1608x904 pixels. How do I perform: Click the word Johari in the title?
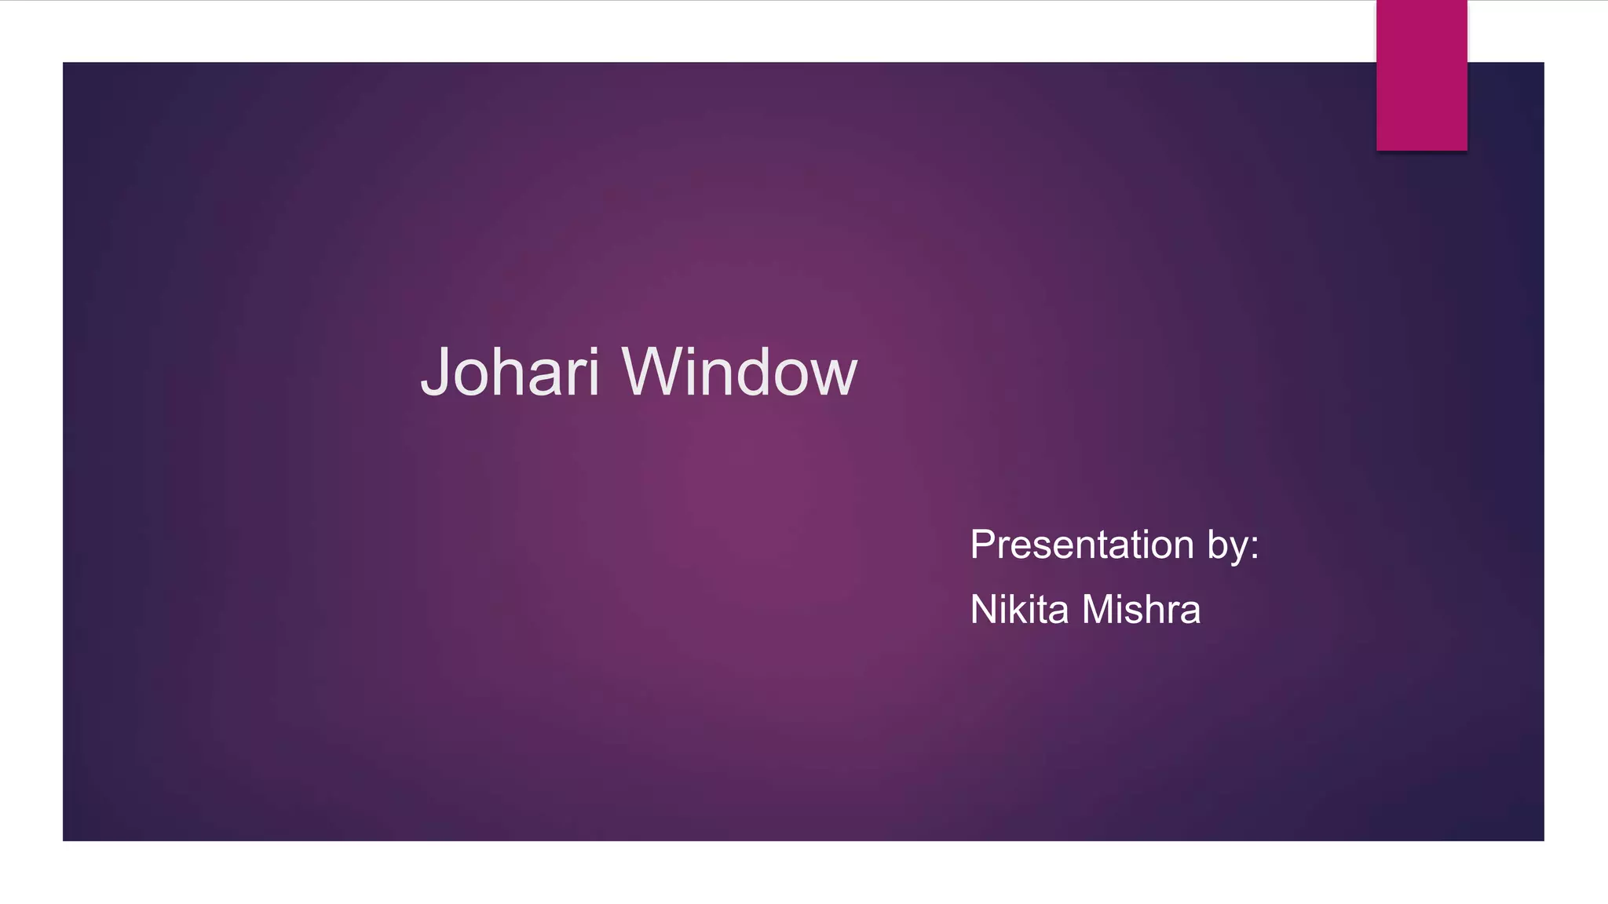coord(510,372)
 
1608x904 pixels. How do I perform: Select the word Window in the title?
coord(740,372)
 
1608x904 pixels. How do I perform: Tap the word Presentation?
coord(1082,545)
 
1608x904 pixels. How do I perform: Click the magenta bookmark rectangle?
coord(1421,75)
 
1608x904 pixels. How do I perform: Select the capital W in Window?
coord(654,372)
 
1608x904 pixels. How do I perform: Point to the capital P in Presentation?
coord(983,545)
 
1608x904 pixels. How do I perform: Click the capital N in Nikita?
coord(984,610)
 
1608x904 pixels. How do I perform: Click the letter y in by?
coord(1238,549)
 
